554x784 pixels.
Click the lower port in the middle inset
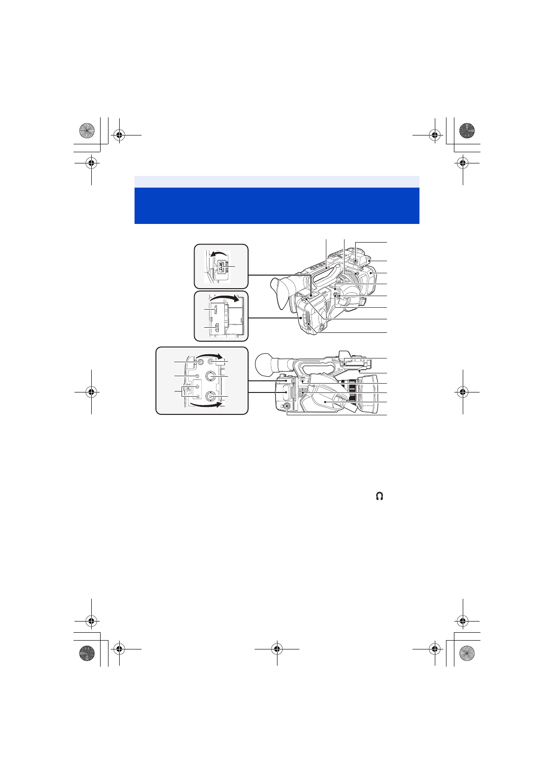pos(216,329)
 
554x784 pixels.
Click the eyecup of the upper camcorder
pos(283,292)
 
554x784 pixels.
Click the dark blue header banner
pos(277,205)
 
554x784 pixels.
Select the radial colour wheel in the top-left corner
pos(87,130)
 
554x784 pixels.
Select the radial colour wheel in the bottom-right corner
pos(466,653)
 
